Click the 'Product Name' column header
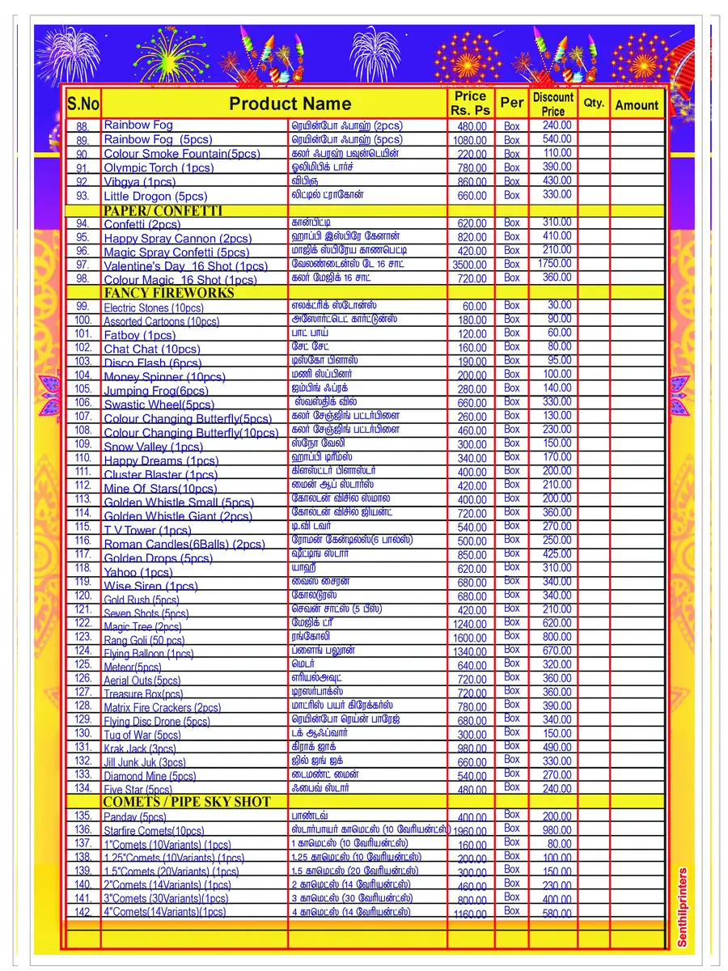[290, 104]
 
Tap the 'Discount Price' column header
[553, 104]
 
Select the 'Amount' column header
[637, 104]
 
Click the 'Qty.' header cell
[594, 103]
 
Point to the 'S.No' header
[83, 104]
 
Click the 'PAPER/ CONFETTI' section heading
[163, 210]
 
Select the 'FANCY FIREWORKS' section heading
[168, 293]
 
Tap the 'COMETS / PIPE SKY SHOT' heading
[186, 802]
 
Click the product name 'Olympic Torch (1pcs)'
[159, 168]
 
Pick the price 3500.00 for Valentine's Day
[469, 265]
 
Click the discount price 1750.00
[554, 264]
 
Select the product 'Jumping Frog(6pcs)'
[155, 391]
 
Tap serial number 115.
[83, 527]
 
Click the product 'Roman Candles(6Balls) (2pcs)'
[184, 545]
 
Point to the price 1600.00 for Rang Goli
[469, 638]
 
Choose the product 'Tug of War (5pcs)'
[142, 735]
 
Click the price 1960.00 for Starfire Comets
[469, 831]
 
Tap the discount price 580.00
[557, 913]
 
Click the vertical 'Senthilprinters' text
[682, 907]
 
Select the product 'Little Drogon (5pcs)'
[155, 196]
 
